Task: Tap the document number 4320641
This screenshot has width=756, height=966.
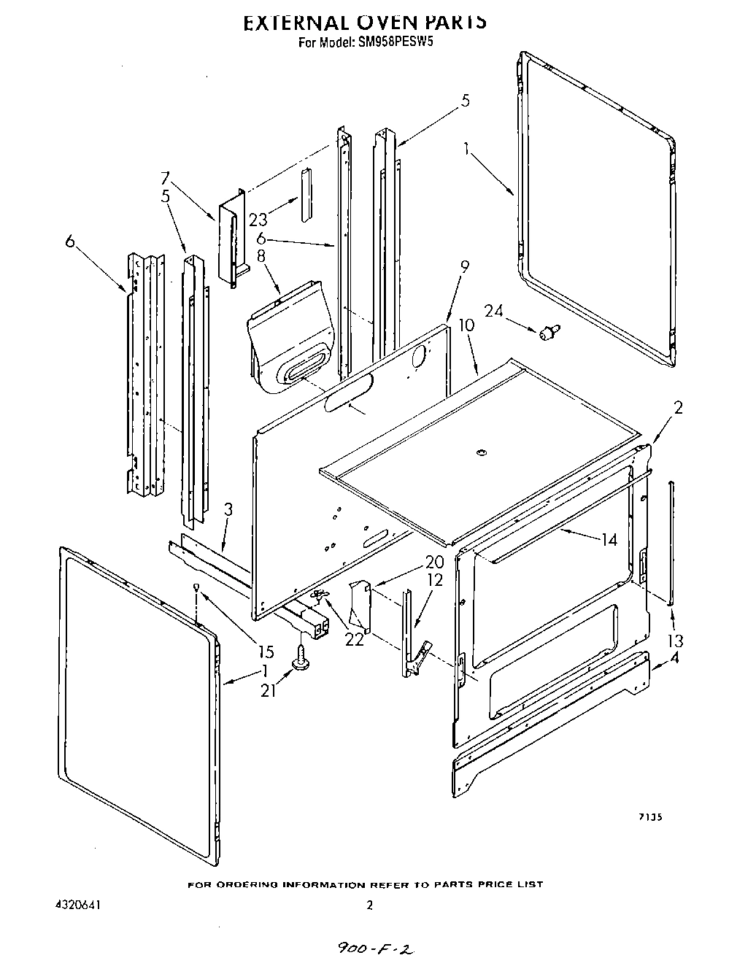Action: coord(77,905)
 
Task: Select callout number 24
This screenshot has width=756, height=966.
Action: coord(494,311)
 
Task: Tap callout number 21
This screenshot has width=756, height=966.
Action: coord(269,689)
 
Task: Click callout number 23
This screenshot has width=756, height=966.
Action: coord(258,219)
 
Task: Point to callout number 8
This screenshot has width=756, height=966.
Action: coord(259,256)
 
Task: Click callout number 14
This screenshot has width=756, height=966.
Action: coord(608,539)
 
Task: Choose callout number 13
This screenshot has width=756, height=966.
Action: coord(675,641)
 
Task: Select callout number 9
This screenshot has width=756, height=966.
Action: coord(465,267)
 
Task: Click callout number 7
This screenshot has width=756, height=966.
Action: coord(165,178)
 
